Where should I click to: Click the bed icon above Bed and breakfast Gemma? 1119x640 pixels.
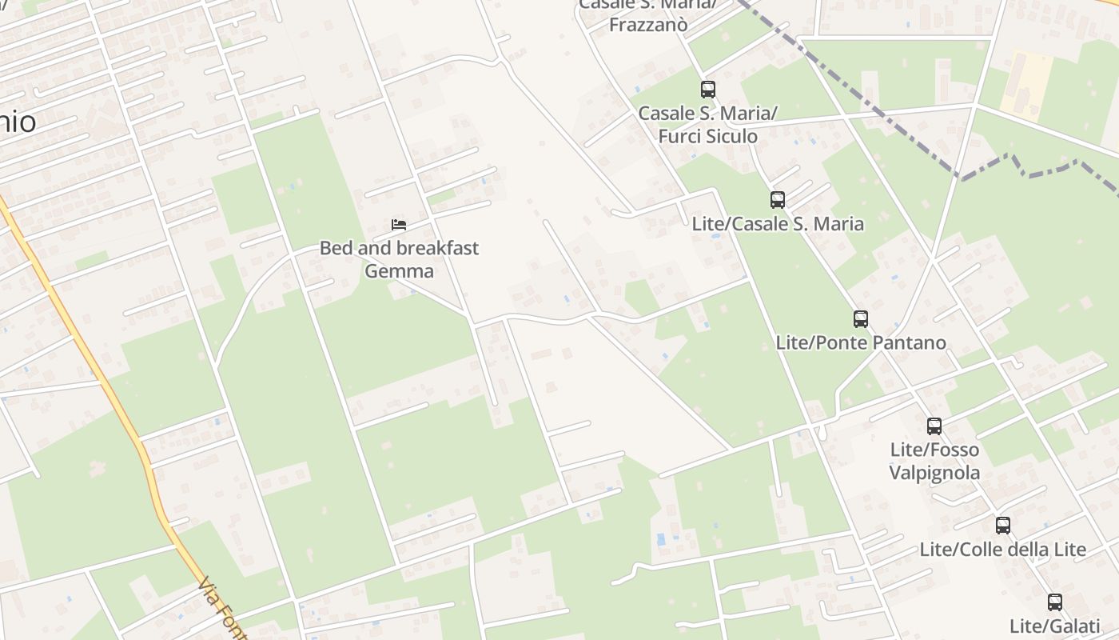click(x=399, y=224)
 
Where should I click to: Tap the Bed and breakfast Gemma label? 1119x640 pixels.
click(x=399, y=259)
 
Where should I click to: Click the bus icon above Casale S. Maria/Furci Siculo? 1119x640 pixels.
click(x=708, y=90)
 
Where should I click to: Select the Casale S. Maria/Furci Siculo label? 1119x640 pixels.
click(x=707, y=125)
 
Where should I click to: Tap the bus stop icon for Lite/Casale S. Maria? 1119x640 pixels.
click(x=777, y=200)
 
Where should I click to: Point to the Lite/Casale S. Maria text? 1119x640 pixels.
click(x=778, y=224)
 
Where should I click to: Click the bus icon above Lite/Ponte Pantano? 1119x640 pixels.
click(x=861, y=319)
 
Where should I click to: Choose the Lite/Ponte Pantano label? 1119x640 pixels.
click(x=861, y=343)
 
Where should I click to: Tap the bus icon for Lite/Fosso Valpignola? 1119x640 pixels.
click(x=934, y=426)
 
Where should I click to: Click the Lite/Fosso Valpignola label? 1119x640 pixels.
click(x=934, y=461)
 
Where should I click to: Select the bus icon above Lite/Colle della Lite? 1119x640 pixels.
click(x=1003, y=526)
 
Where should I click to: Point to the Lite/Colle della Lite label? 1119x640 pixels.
click(x=1003, y=550)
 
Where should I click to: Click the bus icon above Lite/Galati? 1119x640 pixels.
click(x=1055, y=602)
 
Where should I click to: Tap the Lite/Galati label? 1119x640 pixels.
click(x=1055, y=626)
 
